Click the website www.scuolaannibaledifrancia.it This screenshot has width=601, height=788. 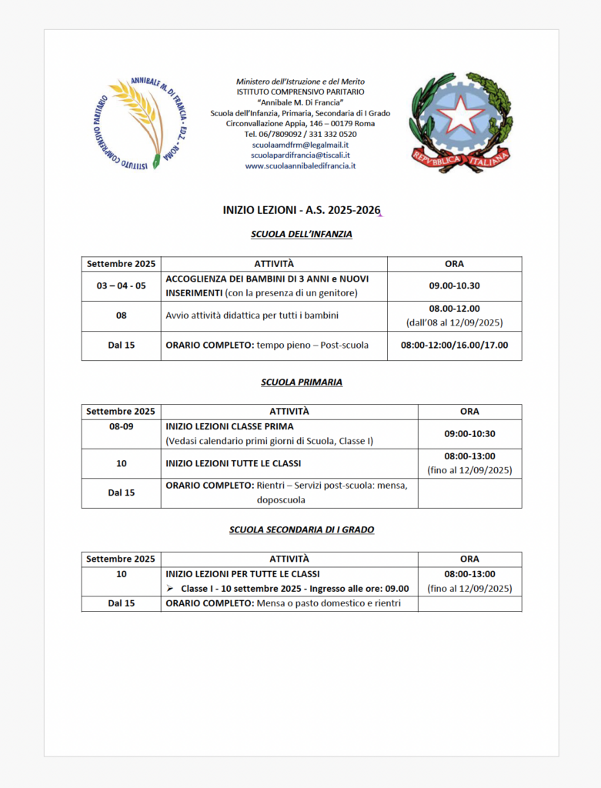pyautogui.click(x=300, y=165)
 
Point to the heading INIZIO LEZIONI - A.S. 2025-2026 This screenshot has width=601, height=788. pyautogui.click(x=300, y=210)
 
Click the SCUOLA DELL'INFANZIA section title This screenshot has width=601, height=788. pyautogui.click(x=301, y=234)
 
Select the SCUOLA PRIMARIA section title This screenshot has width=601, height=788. pyautogui.click(x=301, y=382)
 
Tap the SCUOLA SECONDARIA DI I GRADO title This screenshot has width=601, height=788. pyautogui.click(x=301, y=529)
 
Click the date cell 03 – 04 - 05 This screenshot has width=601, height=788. pyautogui.click(x=121, y=285)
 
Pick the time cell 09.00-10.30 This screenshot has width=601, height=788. pyautogui.click(x=454, y=285)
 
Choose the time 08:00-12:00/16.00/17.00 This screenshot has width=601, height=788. pyautogui.click(x=454, y=346)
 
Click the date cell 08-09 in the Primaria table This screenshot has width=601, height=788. pyautogui.click(x=121, y=426)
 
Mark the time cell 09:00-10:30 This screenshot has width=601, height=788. pyautogui.click(x=469, y=433)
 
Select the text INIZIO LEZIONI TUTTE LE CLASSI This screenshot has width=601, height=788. pyautogui.click(x=233, y=463)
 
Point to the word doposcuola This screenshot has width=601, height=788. pyautogui.click(x=281, y=500)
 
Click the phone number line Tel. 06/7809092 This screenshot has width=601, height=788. pyautogui.click(x=300, y=134)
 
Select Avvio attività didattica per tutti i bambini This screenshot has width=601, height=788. pyautogui.click(x=252, y=316)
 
